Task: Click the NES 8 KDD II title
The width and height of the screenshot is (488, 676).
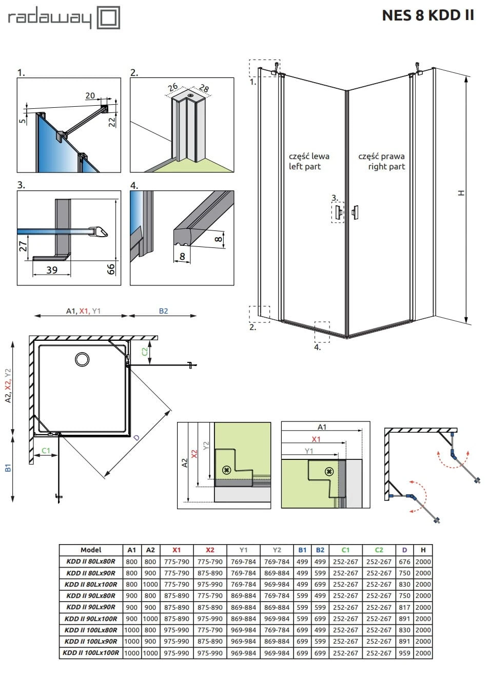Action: (x=428, y=15)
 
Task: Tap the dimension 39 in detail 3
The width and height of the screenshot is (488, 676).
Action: (x=52, y=269)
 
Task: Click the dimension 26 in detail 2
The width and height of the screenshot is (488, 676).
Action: (x=173, y=88)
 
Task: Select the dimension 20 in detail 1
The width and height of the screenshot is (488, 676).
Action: (x=90, y=96)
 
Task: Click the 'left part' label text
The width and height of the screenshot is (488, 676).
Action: (x=304, y=167)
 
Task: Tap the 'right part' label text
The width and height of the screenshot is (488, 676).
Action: (x=386, y=167)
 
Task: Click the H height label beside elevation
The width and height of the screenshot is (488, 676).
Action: (x=461, y=193)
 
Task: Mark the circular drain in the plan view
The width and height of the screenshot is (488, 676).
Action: (x=82, y=359)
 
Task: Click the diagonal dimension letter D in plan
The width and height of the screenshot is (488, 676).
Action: (x=136, y=437)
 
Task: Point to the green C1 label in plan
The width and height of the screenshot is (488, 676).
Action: (x=46, y=451)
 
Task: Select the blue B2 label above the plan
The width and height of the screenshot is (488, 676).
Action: (x=163, y=311)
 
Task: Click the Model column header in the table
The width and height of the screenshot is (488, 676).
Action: (x=91, y=550)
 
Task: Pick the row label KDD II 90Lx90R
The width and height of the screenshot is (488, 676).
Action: (x=91, y=607)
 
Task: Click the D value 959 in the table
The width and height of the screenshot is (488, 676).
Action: (x=404, y=653)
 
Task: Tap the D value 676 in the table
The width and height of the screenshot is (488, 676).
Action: (x=404, y=562)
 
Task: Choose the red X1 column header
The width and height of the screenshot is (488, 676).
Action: (x=177, y=550)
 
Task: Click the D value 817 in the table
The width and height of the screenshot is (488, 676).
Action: (x=404, y=607)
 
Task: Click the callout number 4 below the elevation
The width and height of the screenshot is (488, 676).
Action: (x=318, y=347)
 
